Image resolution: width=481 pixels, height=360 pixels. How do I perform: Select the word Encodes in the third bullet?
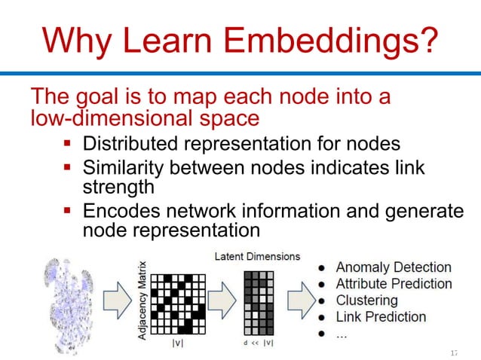pyautogui.click(x=124, y=212)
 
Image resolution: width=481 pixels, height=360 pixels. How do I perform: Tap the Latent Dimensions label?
pyautogui.click(x=257, y=257)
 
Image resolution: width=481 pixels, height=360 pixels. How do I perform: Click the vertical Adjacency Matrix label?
pyautogui.click(x=142, y=300)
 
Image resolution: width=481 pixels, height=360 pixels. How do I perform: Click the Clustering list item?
pyautogui.click(x=367, y=301)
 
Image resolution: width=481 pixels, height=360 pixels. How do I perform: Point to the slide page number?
pyautogui.click(x=453, y=352)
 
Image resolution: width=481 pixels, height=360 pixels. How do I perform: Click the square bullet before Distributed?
pyautogui.click(x=67, y=143)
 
